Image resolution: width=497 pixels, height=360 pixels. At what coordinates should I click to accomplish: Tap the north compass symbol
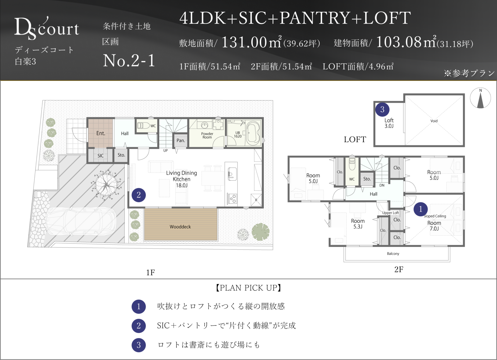pyautogui.click(x=480, y=98)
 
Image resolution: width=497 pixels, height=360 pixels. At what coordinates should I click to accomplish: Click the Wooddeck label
pyautogui.click(x=180, y=227)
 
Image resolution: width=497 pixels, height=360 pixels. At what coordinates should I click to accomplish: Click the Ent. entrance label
pyautogui.click(x=101, y=133)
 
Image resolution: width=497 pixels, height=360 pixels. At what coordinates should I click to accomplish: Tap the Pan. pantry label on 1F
pyautogui.click(x=181, y=141)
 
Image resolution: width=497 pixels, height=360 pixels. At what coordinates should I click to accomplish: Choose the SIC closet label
pyautogui.click(x=100, y=156)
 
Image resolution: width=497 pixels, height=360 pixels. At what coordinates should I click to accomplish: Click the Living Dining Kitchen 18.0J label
pyautogui.click(x=181, y=179)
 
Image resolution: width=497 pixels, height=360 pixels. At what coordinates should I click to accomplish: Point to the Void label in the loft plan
pyautogui.click(x=434, y=121)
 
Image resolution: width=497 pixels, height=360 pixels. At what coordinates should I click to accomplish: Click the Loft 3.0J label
pyautogui.click(x=389, y=123)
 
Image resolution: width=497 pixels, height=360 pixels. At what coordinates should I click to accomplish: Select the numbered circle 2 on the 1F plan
pyautogui.click(x=139, y=195)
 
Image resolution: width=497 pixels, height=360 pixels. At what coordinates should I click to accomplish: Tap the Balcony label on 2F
pyautogui.click(x=393, y=254)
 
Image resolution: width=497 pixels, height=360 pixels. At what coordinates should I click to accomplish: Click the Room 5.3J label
pyautogui.click(x=358, y=224)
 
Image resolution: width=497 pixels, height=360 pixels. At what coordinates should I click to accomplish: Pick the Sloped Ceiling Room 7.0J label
pyautogui.click(x=435, y=222)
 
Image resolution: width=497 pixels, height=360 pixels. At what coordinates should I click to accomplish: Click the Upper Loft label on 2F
pyautogui.click(x=391, y=213)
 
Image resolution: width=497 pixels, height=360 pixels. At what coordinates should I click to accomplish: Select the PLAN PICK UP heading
pyautogui.click(x=248, y=288)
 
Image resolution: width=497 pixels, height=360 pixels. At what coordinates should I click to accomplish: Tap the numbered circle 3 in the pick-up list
pyautogui.click(x=139, y=345)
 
